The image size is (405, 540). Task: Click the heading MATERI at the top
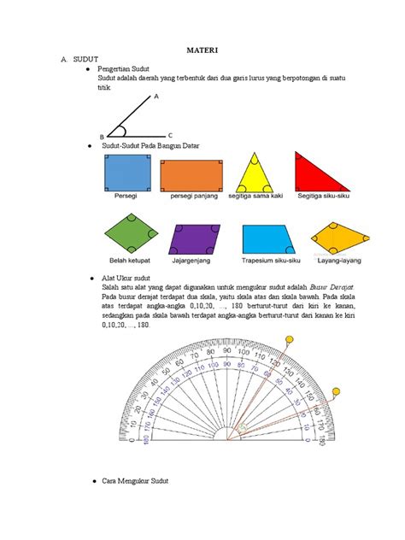coord(203,50)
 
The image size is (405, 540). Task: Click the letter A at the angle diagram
coord(156,97)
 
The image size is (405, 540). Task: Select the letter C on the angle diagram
coord(170,135)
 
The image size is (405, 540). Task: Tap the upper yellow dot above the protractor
coord(291,339)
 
